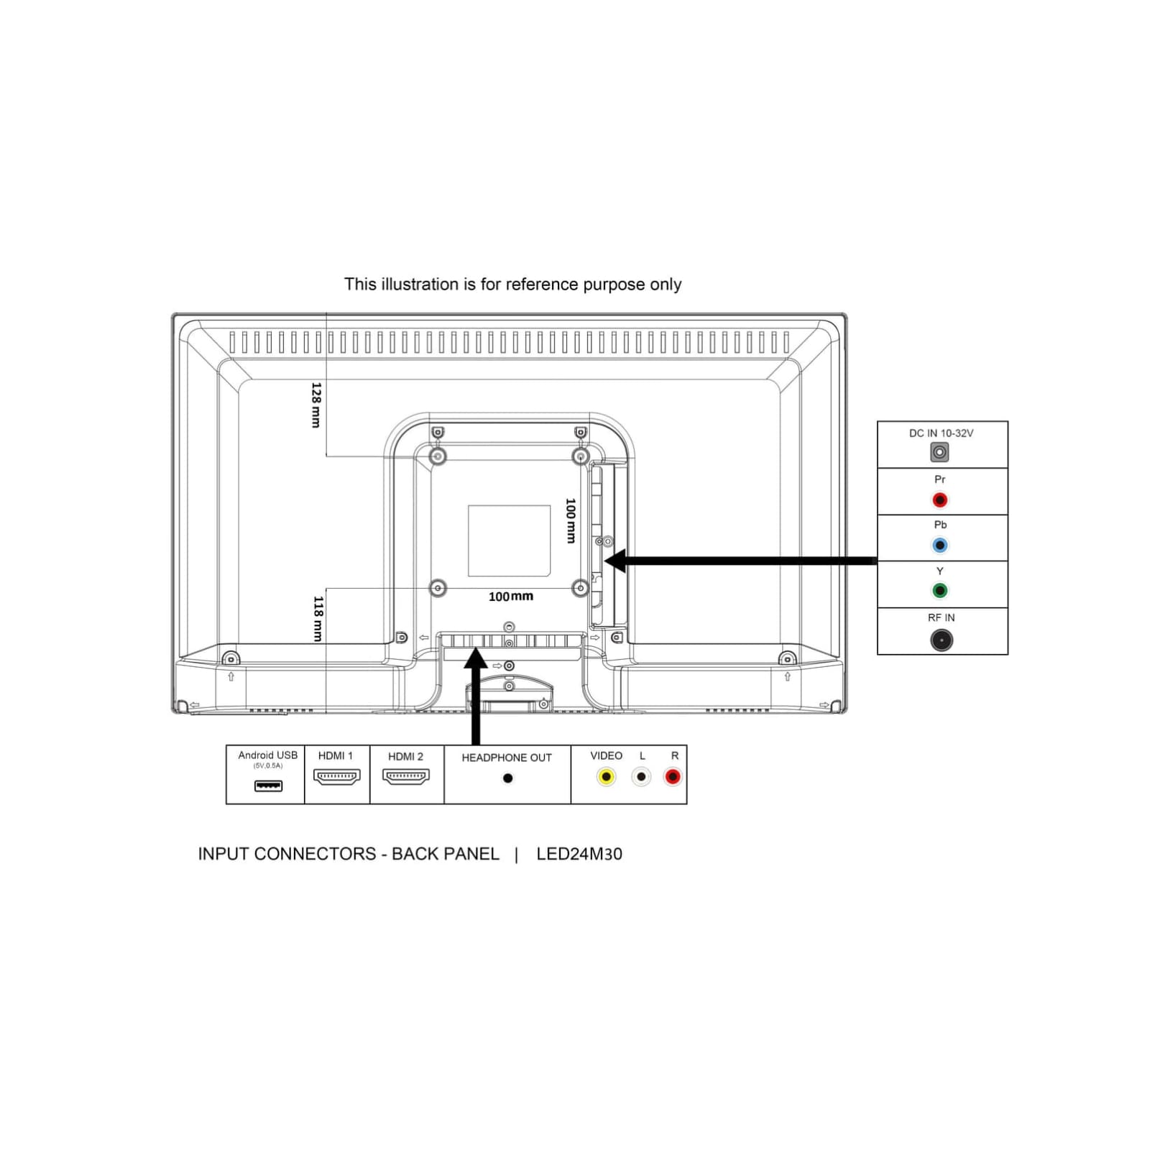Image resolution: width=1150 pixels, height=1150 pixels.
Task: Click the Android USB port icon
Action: click(268, 786)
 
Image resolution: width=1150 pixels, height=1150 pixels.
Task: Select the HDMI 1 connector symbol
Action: click(336, 777)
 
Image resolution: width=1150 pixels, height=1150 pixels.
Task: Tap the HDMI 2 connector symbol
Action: click(406, 777)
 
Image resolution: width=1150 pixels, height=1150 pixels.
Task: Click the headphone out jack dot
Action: click(507, 778)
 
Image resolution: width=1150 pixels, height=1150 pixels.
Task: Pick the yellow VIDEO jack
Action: click(606, 777)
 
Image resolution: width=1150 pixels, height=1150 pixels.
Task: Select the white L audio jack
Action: click(640, 777)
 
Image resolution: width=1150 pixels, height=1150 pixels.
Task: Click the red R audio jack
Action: click(673, 777)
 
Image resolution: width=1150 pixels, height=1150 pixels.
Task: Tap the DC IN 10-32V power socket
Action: click(939, 452)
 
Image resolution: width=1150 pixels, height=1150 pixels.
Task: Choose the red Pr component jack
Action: click(939, 500)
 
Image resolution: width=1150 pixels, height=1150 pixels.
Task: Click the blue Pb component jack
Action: click(939, 546)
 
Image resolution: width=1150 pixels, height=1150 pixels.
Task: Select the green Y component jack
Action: click(939, 591)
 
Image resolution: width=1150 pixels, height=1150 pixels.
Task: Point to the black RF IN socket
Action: click(941, 640)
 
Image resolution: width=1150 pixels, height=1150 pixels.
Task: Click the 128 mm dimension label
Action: click(316, 405)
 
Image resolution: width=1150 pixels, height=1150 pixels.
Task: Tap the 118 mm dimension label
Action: click(318, 618)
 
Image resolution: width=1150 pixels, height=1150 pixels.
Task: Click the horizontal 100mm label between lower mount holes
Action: click(510, 597)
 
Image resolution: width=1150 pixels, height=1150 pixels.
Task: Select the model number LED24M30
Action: click(579, 854)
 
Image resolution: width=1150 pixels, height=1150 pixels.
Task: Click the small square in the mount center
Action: click(509, 540)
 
